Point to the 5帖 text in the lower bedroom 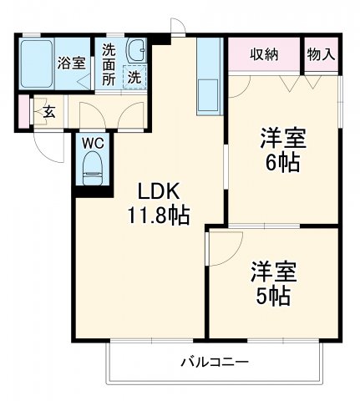[x=273, y=296]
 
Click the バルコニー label [x=214, y=363]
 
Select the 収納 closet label [x=264, y=54]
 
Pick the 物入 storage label [x=321, y=54]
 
